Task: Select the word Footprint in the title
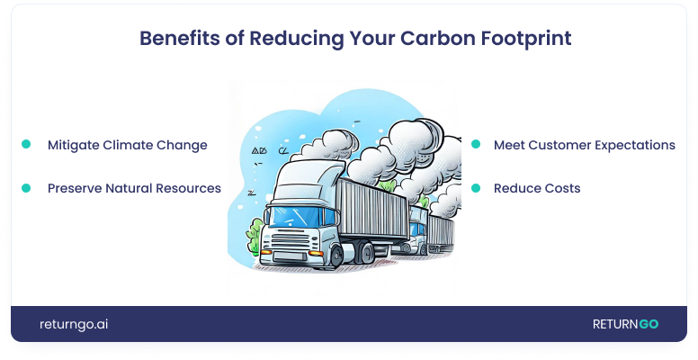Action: (519, 39)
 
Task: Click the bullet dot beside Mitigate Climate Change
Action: (26, 144)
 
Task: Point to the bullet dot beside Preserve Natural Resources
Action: (26, 188)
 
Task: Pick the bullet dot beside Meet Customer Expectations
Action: (475, 144)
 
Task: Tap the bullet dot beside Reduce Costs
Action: (475, 188)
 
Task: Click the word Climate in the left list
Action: (135, 145)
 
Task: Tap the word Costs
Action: (560, 189)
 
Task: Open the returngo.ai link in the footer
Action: (74, 324)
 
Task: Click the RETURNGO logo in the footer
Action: (624, 324)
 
